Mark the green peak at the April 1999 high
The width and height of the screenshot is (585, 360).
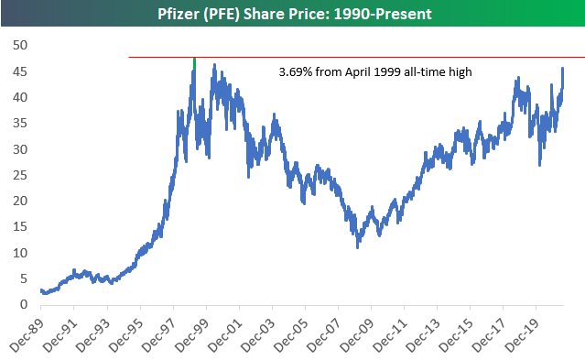tap(194, 62)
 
